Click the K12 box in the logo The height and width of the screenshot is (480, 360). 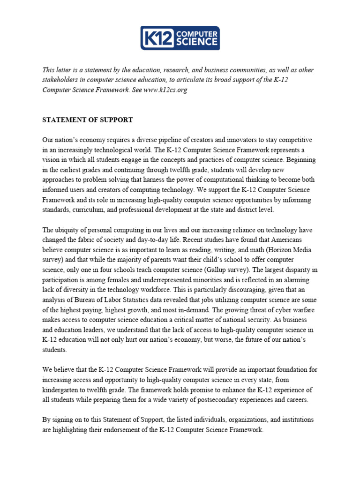(x=159, y=38)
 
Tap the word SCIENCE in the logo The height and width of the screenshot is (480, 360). (x=196, y=42)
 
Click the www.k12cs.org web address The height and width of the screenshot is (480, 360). (x=165, y=90)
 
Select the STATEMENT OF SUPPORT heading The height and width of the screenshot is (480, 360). (x=88, y=120)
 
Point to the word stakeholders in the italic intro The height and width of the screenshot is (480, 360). (x=61, y=80)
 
